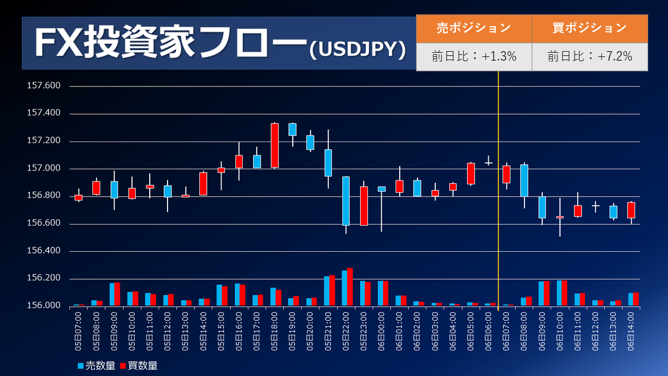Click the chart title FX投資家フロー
pyautogui.click(x=170, y=42)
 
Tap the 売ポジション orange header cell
pyautogui.click(x=474, y=28)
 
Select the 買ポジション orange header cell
pyautogui.click(x=590, y=28)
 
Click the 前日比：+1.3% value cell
pyautogui.click(x=474, y=57)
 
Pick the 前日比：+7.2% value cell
pyautogui.click(x=590, y=57)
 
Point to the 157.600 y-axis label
pyautogui.click(x=43, y=85)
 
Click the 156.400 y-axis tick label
pyautogui.click(x=43, y=250)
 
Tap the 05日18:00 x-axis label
pyautogui.click(x=274, y=331)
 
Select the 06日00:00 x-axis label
pyautogui.click(x=381, y=331)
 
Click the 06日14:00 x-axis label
pyautogui.click(x=631, y=331)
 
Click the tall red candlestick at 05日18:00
pyautogui.click(x=274, y=145)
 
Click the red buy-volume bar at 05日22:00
pyautogui.click(x=350, y=287)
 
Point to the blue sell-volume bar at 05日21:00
pyautogui.click(x=327, y=291)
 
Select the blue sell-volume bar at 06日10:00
pyautogui.click(x=559, y=293)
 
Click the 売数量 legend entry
pyautogui.click(x=96, y=365)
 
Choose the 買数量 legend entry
pyautogui.click(x=139, y=365)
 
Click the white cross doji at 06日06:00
pyautogui.click(x=489, y=163)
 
